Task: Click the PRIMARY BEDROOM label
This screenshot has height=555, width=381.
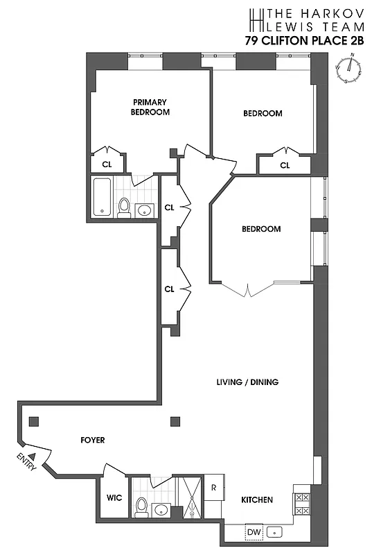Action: point(150,107)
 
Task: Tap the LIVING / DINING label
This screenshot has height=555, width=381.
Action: point(247,382)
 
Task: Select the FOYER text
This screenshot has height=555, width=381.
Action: point(93,439)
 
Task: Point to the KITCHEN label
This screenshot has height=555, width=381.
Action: point(256,499)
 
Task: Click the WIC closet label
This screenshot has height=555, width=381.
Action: point(114,498)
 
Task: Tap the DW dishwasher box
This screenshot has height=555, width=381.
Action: point(254,532)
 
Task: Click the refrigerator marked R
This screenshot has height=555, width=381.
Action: point(214,488)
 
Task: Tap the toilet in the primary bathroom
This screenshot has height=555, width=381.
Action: point(125,206)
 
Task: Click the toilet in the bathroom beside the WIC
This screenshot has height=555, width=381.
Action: point(142,506)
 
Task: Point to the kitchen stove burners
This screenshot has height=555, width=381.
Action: point(302,504)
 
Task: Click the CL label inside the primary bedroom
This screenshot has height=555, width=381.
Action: point(107,164)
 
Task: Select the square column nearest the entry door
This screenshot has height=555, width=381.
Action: point(33,420)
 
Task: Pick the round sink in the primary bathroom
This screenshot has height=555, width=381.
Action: point(145,210)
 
